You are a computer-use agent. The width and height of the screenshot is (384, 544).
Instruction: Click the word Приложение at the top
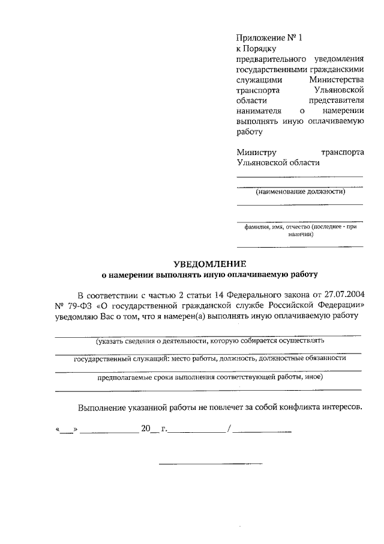tap(260, 38)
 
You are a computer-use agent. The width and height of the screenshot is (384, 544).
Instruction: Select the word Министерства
tap(337, 79)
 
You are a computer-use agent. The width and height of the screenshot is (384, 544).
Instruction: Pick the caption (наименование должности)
tap(300, 192)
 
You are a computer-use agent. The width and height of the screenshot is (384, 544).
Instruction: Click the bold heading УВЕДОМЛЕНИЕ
tap(209, 263)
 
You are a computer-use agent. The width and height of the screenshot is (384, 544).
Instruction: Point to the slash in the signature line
tap(229, 429)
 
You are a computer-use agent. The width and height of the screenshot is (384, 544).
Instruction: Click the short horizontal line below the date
tap(210, 463)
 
